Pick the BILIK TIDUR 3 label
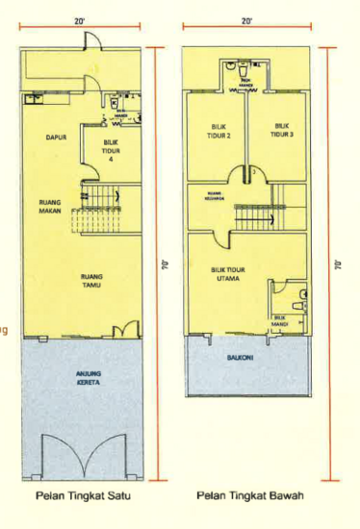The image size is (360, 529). tap(282, 130)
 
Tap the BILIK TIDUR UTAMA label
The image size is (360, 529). tap(228, 275)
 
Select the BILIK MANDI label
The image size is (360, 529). tap(280, 320)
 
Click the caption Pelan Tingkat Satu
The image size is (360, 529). tap(82, 496)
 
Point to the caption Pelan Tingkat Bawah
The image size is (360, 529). tap(249, 496)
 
